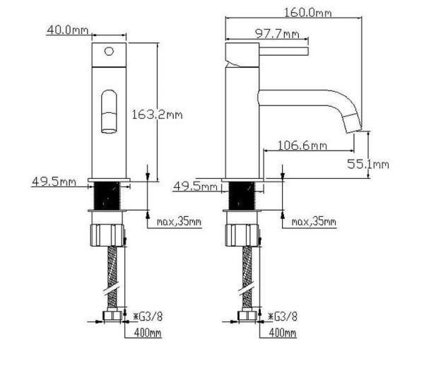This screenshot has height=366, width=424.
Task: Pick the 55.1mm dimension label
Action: (368, 164)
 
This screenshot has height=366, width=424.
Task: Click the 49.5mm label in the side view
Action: (196, 187)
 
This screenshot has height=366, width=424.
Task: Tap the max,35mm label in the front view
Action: (178, 222)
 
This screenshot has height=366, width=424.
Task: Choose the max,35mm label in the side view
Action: (314, 222)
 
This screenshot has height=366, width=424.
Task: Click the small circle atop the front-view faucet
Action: (109, 51)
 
